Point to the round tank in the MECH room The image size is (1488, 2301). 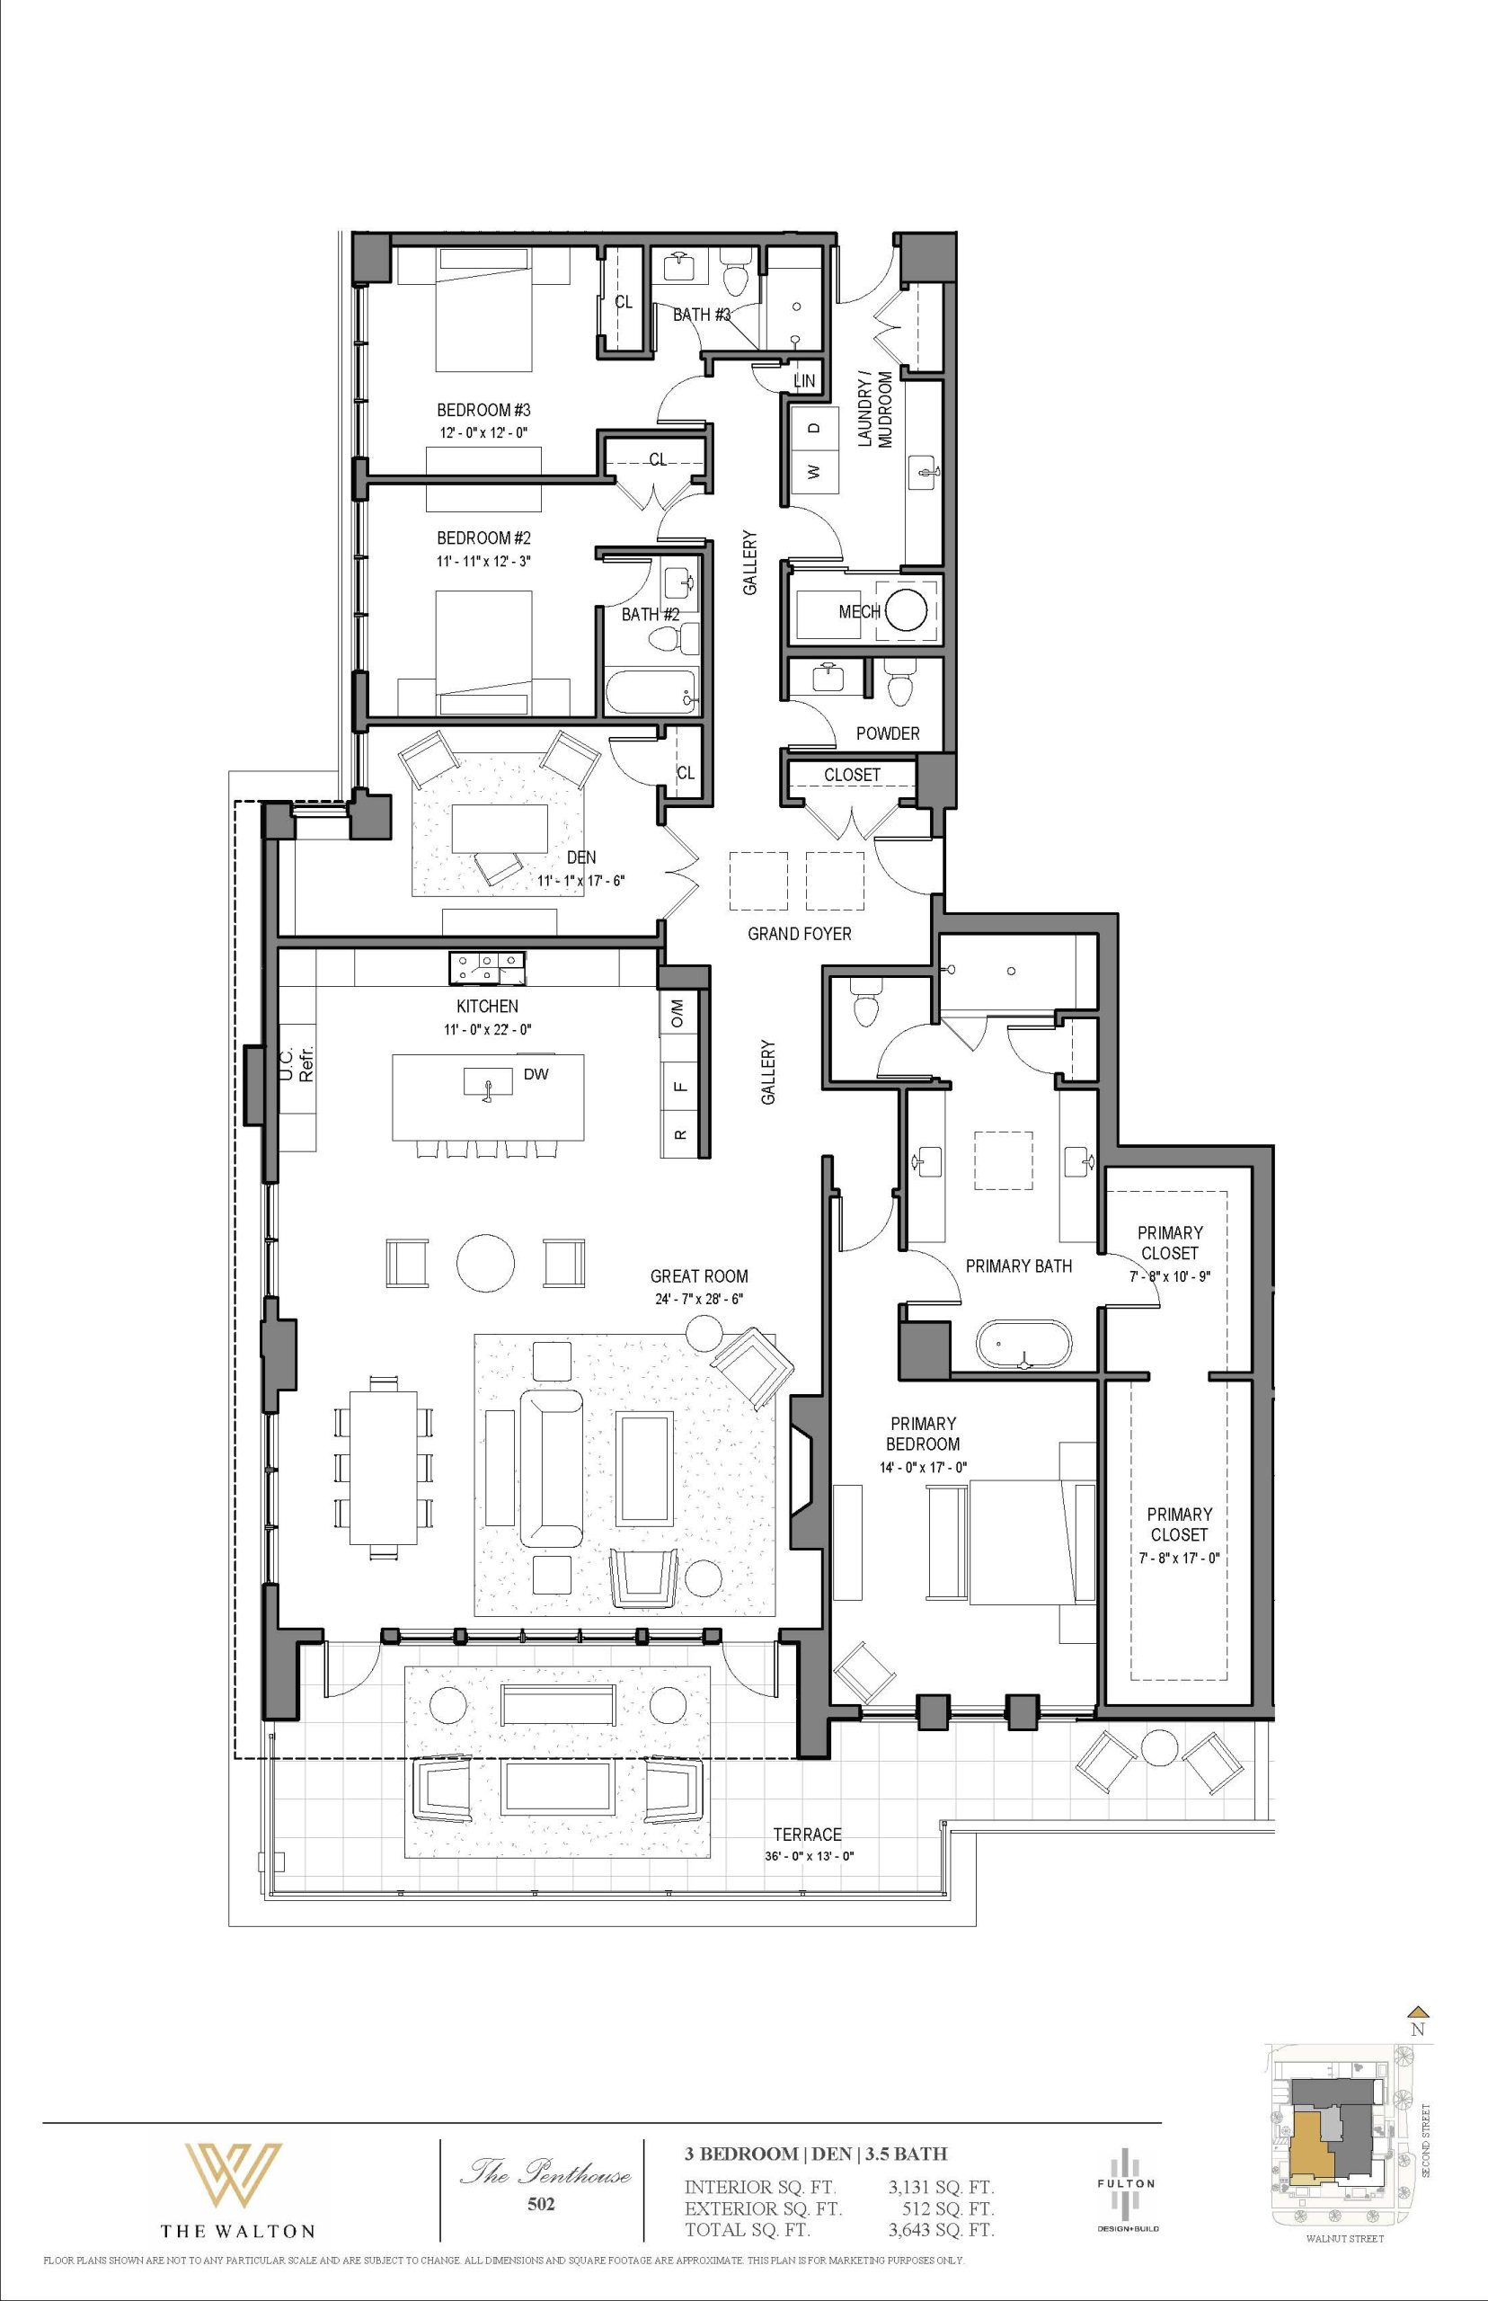(x=908, y=609)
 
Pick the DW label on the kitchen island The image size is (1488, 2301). (x=536, y=1074)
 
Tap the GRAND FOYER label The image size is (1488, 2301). (x=800, y=934)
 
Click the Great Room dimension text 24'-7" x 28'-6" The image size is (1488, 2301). (x=698, y=1299)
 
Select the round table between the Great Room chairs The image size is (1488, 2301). (x=485, y=1262)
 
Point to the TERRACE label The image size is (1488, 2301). (x=808, y=1835)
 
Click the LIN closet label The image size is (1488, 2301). (x=804, y=381)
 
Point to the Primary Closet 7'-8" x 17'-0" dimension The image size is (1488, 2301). (x=1179, y=1558)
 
